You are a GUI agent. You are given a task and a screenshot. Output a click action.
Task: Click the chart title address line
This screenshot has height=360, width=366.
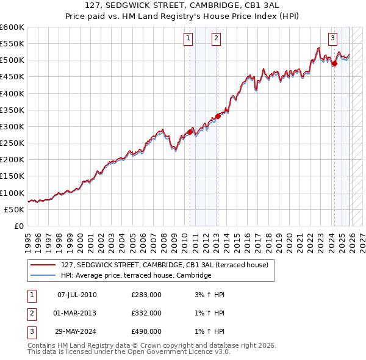click(183, 6)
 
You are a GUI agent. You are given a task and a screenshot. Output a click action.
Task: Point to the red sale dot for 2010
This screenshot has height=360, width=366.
click(190, 132)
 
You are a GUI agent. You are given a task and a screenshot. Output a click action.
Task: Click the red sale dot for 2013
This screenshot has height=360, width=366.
click(218, 116)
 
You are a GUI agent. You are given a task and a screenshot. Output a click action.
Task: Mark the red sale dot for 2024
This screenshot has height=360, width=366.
click(335, 63)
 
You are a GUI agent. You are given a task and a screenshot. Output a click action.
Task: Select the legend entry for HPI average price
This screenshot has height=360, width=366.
click(135, 275)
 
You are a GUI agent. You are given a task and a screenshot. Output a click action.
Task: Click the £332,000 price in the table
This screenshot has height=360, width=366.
click(146, 313)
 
